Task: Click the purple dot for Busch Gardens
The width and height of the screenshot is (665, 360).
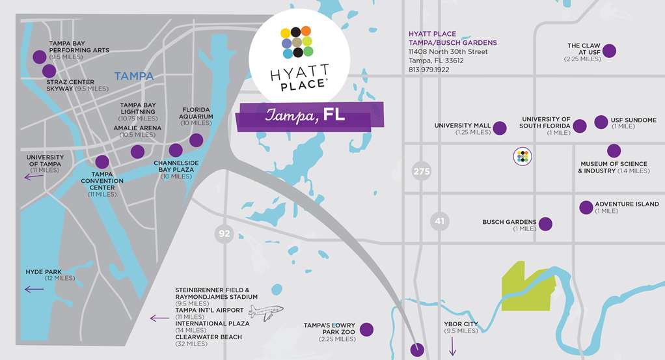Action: tap(545, 224)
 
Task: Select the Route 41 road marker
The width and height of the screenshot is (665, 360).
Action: tap(440, 221)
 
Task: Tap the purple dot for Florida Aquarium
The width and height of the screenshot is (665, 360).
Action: tap(196, 140)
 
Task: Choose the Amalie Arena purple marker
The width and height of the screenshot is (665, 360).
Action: tap(137, 152)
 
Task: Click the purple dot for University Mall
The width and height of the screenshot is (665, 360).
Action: tap(500, 128)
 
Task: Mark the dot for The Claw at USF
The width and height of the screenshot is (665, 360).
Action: tap(610, 50)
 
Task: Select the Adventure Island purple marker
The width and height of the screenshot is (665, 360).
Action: tap(586, 207)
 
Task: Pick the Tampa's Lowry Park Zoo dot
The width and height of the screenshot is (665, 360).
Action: tap(366, 329)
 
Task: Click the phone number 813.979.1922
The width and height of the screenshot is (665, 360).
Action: tap(428, 70)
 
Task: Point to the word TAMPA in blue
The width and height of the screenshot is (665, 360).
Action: tap(133, 76)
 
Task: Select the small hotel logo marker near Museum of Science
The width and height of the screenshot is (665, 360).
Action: tap(523, 156)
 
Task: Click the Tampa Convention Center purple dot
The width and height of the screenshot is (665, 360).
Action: tap(102, 162)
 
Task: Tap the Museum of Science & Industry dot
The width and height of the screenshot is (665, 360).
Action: tap(614, 151)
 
